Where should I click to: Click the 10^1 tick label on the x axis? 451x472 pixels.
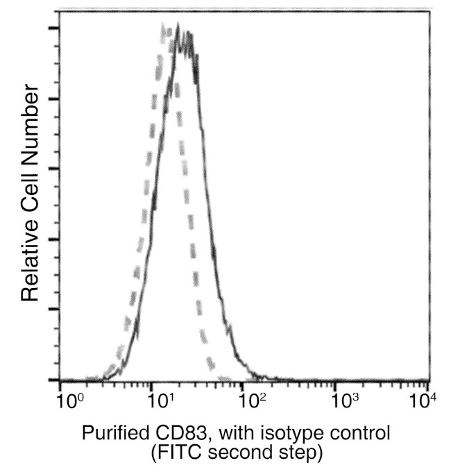click(x=160, y=401)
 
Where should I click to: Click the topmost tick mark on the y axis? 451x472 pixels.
click(x=53, y=28)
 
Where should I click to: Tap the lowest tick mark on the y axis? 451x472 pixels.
click(x=53, y=380)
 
